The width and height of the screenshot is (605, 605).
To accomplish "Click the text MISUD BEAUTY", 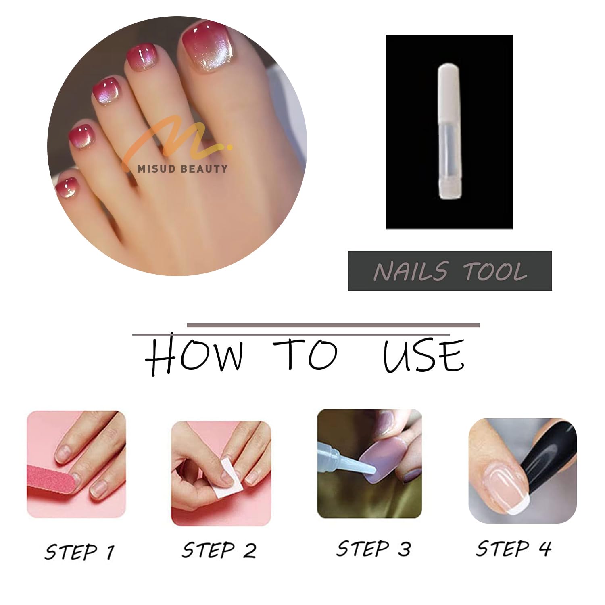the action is pyautogui.click(x=182, y=169).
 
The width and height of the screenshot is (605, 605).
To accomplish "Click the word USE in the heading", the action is pyautogui.click(x=423, y=355).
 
